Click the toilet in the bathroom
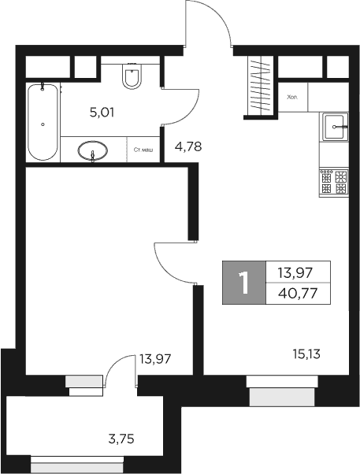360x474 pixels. (132, 77)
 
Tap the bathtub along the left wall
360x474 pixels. (42, 122)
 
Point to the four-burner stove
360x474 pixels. (334, 183)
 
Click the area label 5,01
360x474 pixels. (102, 113)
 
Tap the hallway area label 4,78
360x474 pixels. (187, 146)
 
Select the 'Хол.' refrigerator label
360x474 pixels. (293, 98)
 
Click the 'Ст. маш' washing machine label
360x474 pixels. (143, 149)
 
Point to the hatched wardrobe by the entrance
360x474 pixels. (259, 87)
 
